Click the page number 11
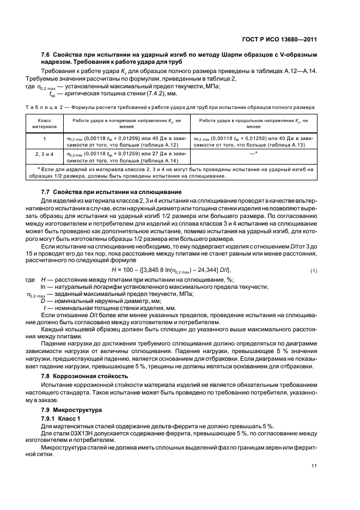[314, 465]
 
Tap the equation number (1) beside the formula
[313, 271]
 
